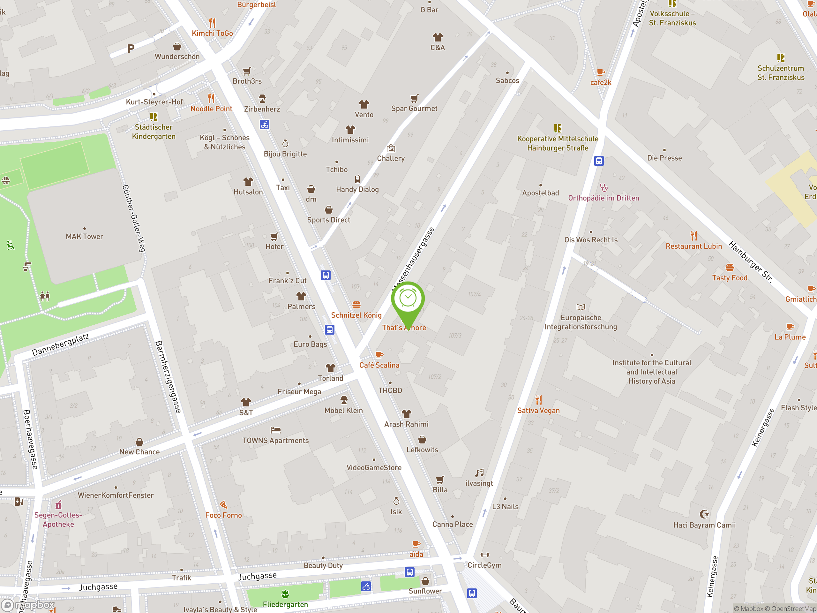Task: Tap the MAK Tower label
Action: pyautogui.click(x=84, y=237)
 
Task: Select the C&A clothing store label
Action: pyautogui.click(x=438, y=48)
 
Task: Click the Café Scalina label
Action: pyautogui.click(x=379, y=365)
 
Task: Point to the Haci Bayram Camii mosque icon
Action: pyautogui.click(x=704, y=514)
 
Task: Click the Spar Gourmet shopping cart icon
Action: pyautogui.click(x=415, y=98)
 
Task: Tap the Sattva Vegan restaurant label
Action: pyautogui.click(x=538, y=411)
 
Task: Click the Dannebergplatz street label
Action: pyautogui.click(x=61, y=345)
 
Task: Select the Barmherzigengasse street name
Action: pyautogui.click(x=168, y=376)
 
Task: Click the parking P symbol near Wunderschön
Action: pyautogui.click(x=131, y=49)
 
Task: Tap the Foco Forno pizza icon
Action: pyautogui.click(x=223, y=505)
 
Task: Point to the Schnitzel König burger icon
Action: pyautogui.click(x=356, y=305)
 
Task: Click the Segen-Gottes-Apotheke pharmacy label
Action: pyautogui.click(x=58, y=519)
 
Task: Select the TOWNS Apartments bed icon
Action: pyautogui.click(x=275, y=430)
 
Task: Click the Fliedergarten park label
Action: pyautogui.click(x=285, y=604)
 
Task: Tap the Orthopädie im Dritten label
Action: pyautogui.click(x=603, y=198)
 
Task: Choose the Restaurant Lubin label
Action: pyautogui.click(x=693, y=246)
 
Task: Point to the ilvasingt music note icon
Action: pyautogui.click(x=479, y=473)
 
